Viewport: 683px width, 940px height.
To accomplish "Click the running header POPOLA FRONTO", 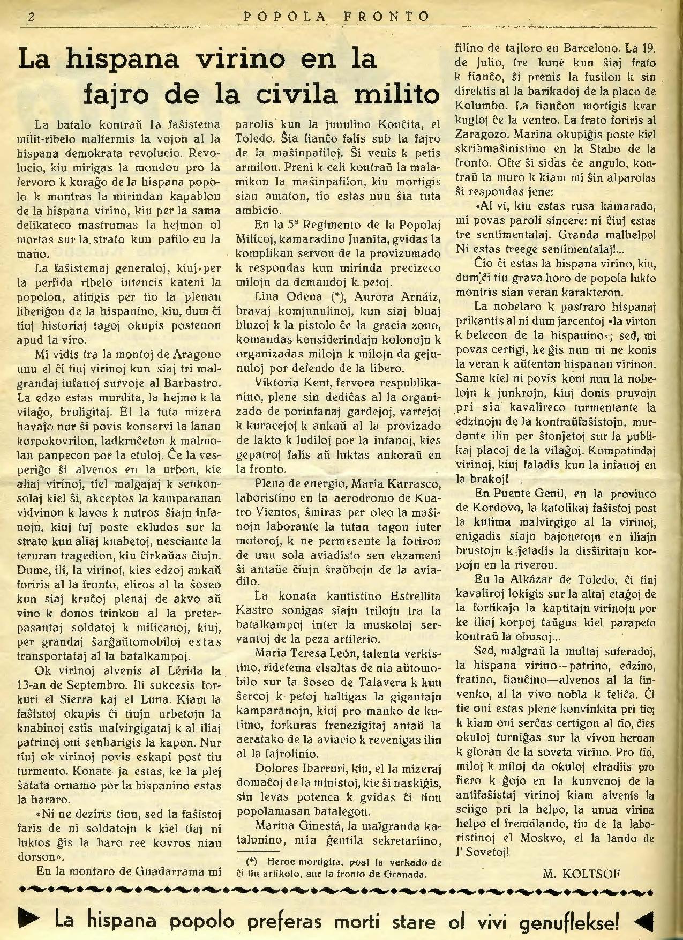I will click(x=336, y=17).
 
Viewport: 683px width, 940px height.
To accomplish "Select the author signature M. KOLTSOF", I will click(x=581, y=874).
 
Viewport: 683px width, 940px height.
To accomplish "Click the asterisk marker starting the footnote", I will click(x=252, y=862).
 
